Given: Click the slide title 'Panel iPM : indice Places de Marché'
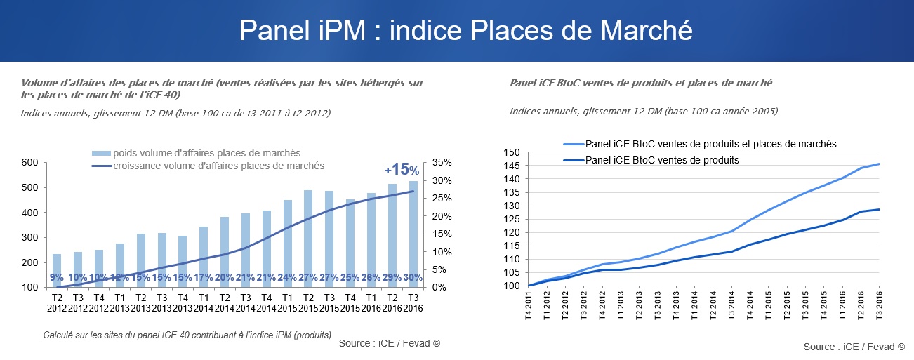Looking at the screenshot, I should (465, 30).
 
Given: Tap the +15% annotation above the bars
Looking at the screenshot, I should (402, 170).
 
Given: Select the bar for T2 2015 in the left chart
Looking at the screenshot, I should (308, 238).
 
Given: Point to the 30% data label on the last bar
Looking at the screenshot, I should (413, 278).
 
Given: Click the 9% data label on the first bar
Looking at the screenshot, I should (57, 278).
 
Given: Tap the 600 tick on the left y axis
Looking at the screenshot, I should (29, 163).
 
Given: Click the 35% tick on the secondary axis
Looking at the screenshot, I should (442, 163).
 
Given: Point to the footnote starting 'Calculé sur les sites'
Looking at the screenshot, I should (187, 335).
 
